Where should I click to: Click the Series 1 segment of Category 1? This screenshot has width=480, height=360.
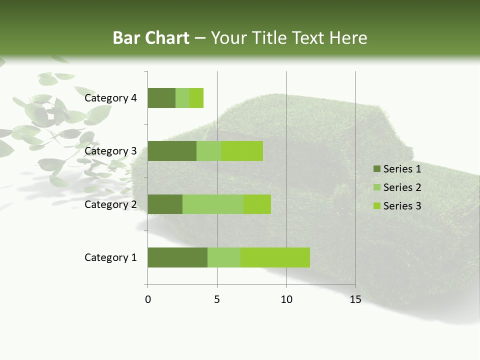177,257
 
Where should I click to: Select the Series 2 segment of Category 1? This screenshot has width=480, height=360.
224,257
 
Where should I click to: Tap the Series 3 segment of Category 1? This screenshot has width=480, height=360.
275,257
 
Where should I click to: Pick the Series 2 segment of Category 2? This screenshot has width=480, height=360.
213,204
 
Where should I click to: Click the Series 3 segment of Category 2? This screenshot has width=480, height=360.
257,204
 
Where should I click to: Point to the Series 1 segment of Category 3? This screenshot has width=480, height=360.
172,151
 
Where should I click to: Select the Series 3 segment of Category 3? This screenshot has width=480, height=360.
242,151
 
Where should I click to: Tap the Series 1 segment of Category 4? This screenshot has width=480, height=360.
161,98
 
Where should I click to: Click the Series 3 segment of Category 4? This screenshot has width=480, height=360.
196,98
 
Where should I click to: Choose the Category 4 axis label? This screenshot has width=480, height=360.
110,98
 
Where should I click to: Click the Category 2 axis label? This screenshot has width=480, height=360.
110,204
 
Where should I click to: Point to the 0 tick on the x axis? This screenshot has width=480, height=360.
148,299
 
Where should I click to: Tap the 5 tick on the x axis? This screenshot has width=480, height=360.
217,299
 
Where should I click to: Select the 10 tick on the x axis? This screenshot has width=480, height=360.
286,299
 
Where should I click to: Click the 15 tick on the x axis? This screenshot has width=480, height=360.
355,299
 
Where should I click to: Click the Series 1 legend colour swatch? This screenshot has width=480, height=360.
376,169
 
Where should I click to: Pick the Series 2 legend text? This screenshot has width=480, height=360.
402,187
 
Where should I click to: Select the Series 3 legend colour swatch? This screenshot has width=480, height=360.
376,206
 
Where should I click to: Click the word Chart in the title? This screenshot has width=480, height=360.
170,38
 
